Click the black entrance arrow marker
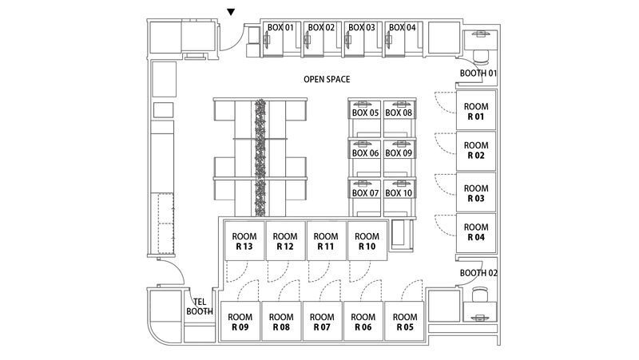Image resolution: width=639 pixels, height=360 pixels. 231,12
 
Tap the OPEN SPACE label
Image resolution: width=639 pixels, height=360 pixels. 327,80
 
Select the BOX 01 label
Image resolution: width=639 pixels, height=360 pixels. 280,27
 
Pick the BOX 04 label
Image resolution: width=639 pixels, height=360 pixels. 402,27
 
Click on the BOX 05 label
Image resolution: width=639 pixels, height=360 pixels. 365,113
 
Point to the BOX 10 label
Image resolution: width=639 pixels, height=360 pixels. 399,193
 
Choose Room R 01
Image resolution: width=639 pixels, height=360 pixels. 476,111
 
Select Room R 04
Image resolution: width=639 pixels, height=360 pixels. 476,232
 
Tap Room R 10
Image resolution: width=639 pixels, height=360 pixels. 367,242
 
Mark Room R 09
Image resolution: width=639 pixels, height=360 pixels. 240,322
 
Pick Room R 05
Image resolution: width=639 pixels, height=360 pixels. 405,322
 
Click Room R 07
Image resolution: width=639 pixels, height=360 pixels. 322,322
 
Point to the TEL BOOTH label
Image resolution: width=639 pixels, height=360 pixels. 200,307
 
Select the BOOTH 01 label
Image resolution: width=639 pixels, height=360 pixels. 478,74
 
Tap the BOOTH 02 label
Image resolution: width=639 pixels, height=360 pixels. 478,273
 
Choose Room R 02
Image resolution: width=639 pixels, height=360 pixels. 476,151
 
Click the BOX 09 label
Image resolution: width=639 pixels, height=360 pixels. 399,153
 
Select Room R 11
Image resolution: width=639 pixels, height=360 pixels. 325,242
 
